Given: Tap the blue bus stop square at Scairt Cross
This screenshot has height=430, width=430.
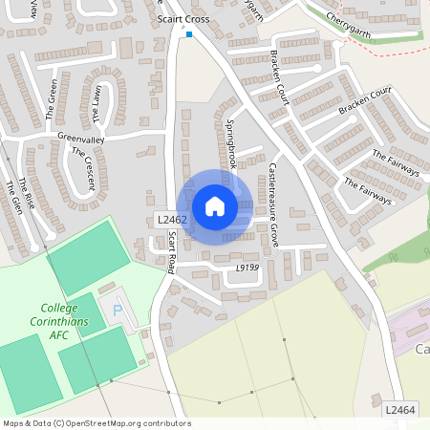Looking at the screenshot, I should [x=189, y=35].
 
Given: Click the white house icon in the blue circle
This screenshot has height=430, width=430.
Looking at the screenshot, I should [x=215, y=206].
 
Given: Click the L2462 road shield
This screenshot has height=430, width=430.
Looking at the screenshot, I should [x=172, y=221].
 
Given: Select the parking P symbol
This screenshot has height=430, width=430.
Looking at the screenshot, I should [x=118, y=311].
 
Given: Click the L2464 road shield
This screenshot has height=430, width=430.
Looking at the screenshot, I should [x=401, y=409].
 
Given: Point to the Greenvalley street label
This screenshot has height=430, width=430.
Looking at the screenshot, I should [x=80, y=139].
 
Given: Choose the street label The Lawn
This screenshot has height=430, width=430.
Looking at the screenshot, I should [x=97, y=105].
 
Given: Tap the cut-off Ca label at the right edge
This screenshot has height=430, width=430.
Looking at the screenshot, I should [x=421, y=350].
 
